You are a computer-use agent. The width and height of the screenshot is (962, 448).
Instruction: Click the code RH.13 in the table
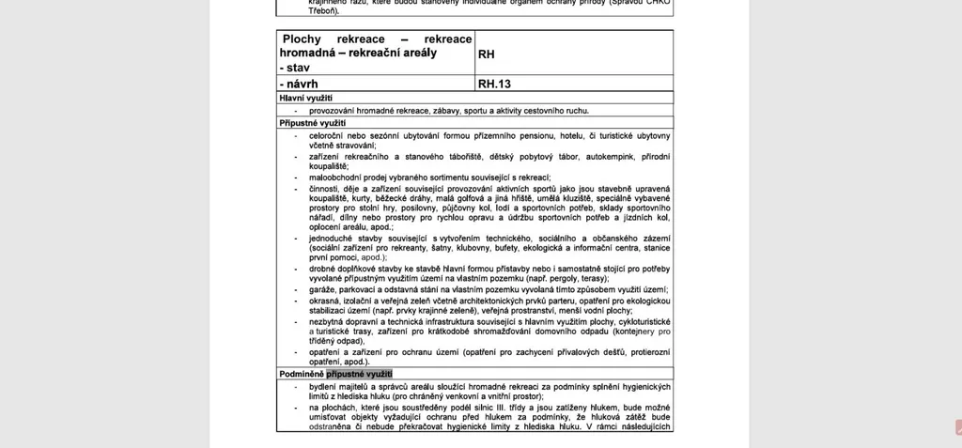(494, 84)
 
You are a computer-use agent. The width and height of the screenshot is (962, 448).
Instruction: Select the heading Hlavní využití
(306, 98)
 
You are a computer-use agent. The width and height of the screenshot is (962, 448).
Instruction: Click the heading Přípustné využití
(313, 123)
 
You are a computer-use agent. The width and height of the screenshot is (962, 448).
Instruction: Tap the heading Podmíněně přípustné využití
(335, 374)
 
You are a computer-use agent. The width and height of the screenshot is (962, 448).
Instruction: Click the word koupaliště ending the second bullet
(328, 166)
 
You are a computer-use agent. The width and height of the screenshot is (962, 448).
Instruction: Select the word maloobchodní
(340, 178)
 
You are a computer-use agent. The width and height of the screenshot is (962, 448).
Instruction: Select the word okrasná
(327, 301)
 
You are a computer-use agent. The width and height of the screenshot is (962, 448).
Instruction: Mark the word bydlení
(326, 387)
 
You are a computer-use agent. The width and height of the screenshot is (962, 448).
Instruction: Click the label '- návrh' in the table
(299, 84)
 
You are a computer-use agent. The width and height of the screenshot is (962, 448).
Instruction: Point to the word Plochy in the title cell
(302, 39)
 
